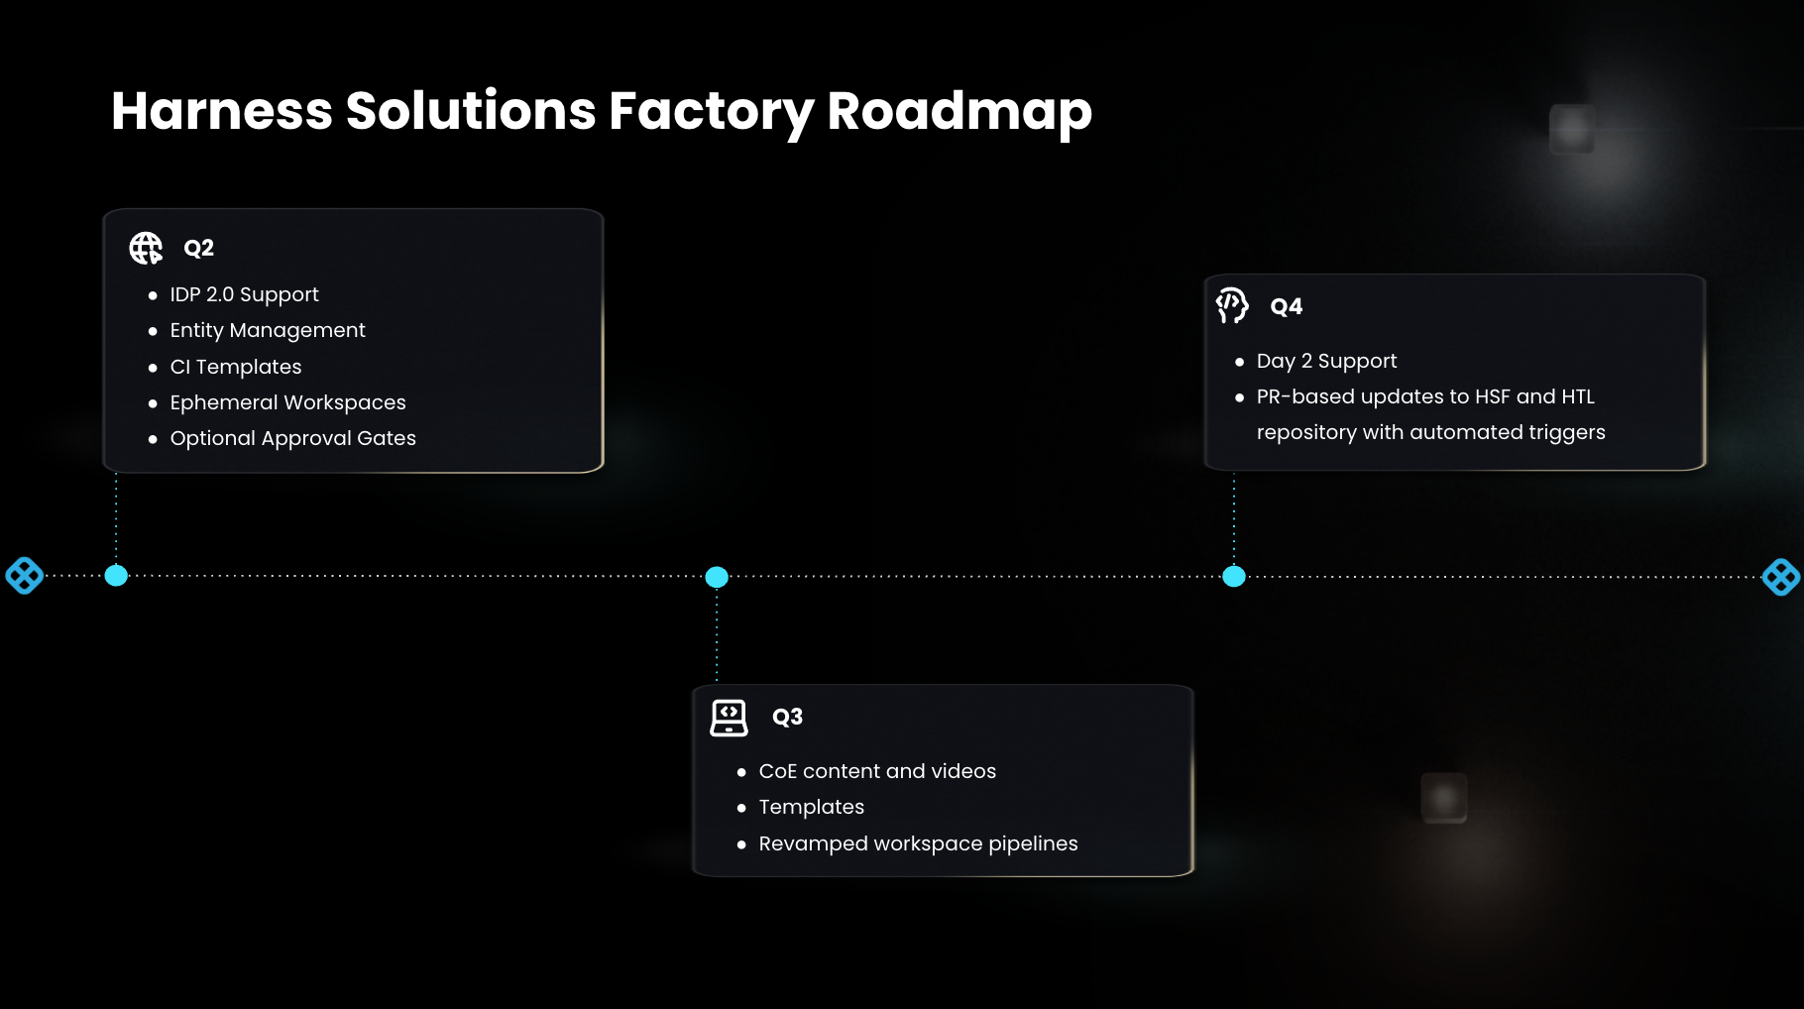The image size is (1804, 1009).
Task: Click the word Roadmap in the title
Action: pos(958,111)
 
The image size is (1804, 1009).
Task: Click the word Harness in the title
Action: pos(221,111)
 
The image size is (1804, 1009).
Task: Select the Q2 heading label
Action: pos(198,248)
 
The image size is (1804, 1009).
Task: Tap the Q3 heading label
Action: pos(787,717)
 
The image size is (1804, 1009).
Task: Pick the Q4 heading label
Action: pos(1286,306)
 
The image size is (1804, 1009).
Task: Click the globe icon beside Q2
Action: pos(146,248)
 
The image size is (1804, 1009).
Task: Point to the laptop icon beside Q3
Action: pos(729,718)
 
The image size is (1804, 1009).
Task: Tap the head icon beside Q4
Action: pos(1232,305)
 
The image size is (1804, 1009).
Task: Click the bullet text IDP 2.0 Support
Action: pos(244,294)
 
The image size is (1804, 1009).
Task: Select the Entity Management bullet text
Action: pos(268,330)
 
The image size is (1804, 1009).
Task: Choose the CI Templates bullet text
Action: pos(236,367)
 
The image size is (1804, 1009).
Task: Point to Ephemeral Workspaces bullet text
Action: pos(287,402)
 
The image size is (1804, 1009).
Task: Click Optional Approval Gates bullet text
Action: pos(292,438)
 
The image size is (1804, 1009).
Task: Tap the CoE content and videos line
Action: pos(877,771)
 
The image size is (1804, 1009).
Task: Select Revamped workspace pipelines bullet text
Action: pos(918,843)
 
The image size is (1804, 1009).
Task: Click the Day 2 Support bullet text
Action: pos(1326,361)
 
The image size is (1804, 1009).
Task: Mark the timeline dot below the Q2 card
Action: pos(116,575)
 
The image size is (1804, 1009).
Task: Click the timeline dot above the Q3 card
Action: pos(717,577)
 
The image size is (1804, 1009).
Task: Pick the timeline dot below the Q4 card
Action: pos(1234,576)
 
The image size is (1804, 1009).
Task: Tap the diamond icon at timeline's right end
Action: pos(1780,577)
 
